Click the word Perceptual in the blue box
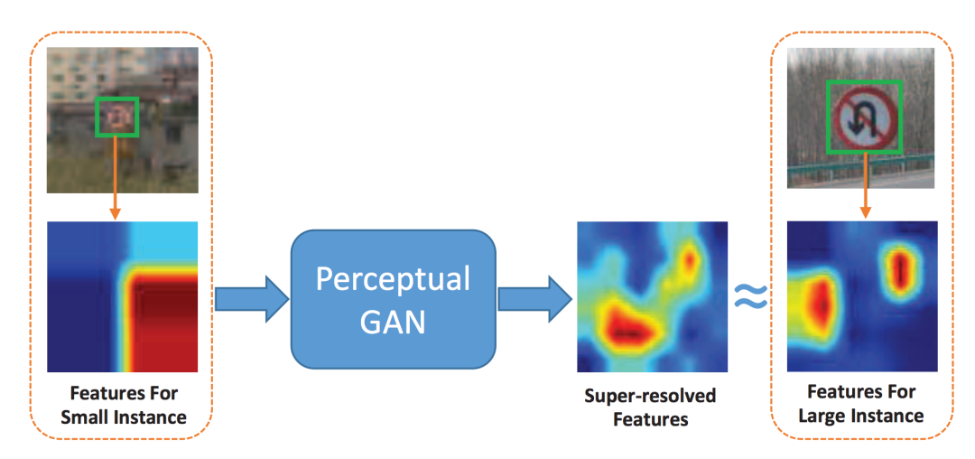coord(393,279)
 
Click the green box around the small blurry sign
coord(118,117)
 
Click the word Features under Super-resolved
coord(650,419)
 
